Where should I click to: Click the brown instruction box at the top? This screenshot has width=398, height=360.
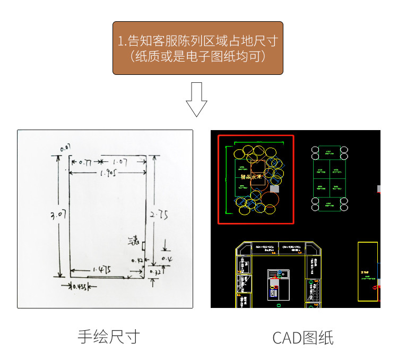197,48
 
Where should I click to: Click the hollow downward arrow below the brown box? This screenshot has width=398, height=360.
196,99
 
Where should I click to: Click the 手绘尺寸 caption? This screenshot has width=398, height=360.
108,336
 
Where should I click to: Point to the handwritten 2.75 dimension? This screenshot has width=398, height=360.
159,215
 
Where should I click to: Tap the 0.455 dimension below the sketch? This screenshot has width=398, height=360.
80,287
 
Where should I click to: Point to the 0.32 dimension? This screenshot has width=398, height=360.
155,271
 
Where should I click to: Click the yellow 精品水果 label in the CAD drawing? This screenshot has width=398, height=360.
252,177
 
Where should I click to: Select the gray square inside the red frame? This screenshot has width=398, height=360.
274,188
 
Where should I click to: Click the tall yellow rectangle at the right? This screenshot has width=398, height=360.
367,271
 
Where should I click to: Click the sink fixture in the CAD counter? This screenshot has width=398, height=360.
278,274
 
